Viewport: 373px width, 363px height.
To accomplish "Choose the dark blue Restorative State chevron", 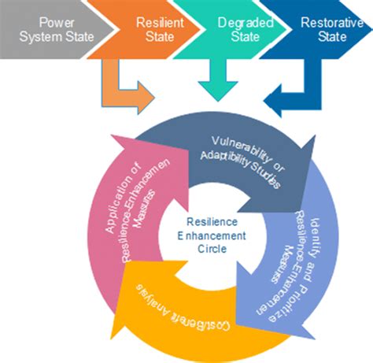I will (323, 30).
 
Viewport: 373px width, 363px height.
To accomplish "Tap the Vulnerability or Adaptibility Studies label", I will (241, 161).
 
